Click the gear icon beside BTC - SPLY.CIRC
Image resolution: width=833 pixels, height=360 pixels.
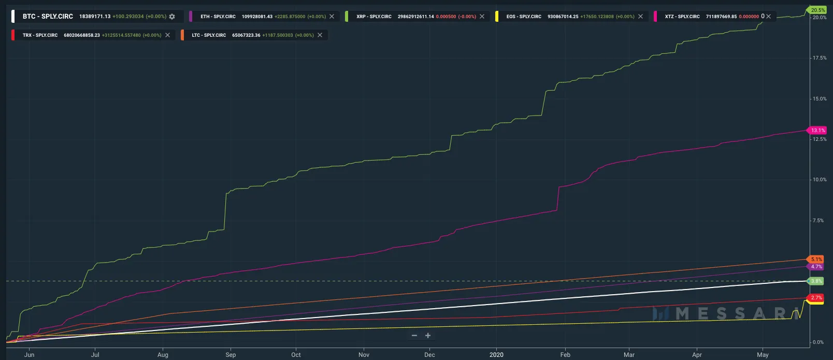coord(172,17)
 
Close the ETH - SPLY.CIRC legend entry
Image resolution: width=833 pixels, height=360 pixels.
coord(332,17)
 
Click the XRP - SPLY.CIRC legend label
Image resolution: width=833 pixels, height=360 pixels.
coord(374,17)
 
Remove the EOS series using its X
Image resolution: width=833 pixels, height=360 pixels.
coord(640,17)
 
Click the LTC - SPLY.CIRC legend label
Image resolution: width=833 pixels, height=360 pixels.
coord(209,35)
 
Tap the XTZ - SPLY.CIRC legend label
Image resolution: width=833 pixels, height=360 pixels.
coord(682,17)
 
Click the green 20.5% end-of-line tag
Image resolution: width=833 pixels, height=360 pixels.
coord(817,10)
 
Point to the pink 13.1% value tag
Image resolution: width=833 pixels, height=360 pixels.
coord(817,131)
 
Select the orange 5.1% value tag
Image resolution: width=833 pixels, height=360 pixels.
coord(816,259)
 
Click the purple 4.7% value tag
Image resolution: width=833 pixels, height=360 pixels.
coord(816,267)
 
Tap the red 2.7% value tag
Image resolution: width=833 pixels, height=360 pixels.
coord(816,298)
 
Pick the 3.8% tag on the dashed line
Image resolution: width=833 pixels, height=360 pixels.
coord(816,281)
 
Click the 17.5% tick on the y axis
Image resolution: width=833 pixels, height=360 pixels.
coord(820,58)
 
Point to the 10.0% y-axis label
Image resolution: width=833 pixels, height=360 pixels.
coord(820,180)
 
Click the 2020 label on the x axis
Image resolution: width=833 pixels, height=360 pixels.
coord(496,355)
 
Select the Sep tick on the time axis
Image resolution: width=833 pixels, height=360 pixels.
coord(231,355)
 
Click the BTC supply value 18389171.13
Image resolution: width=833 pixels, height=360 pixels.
coord(95,17)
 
